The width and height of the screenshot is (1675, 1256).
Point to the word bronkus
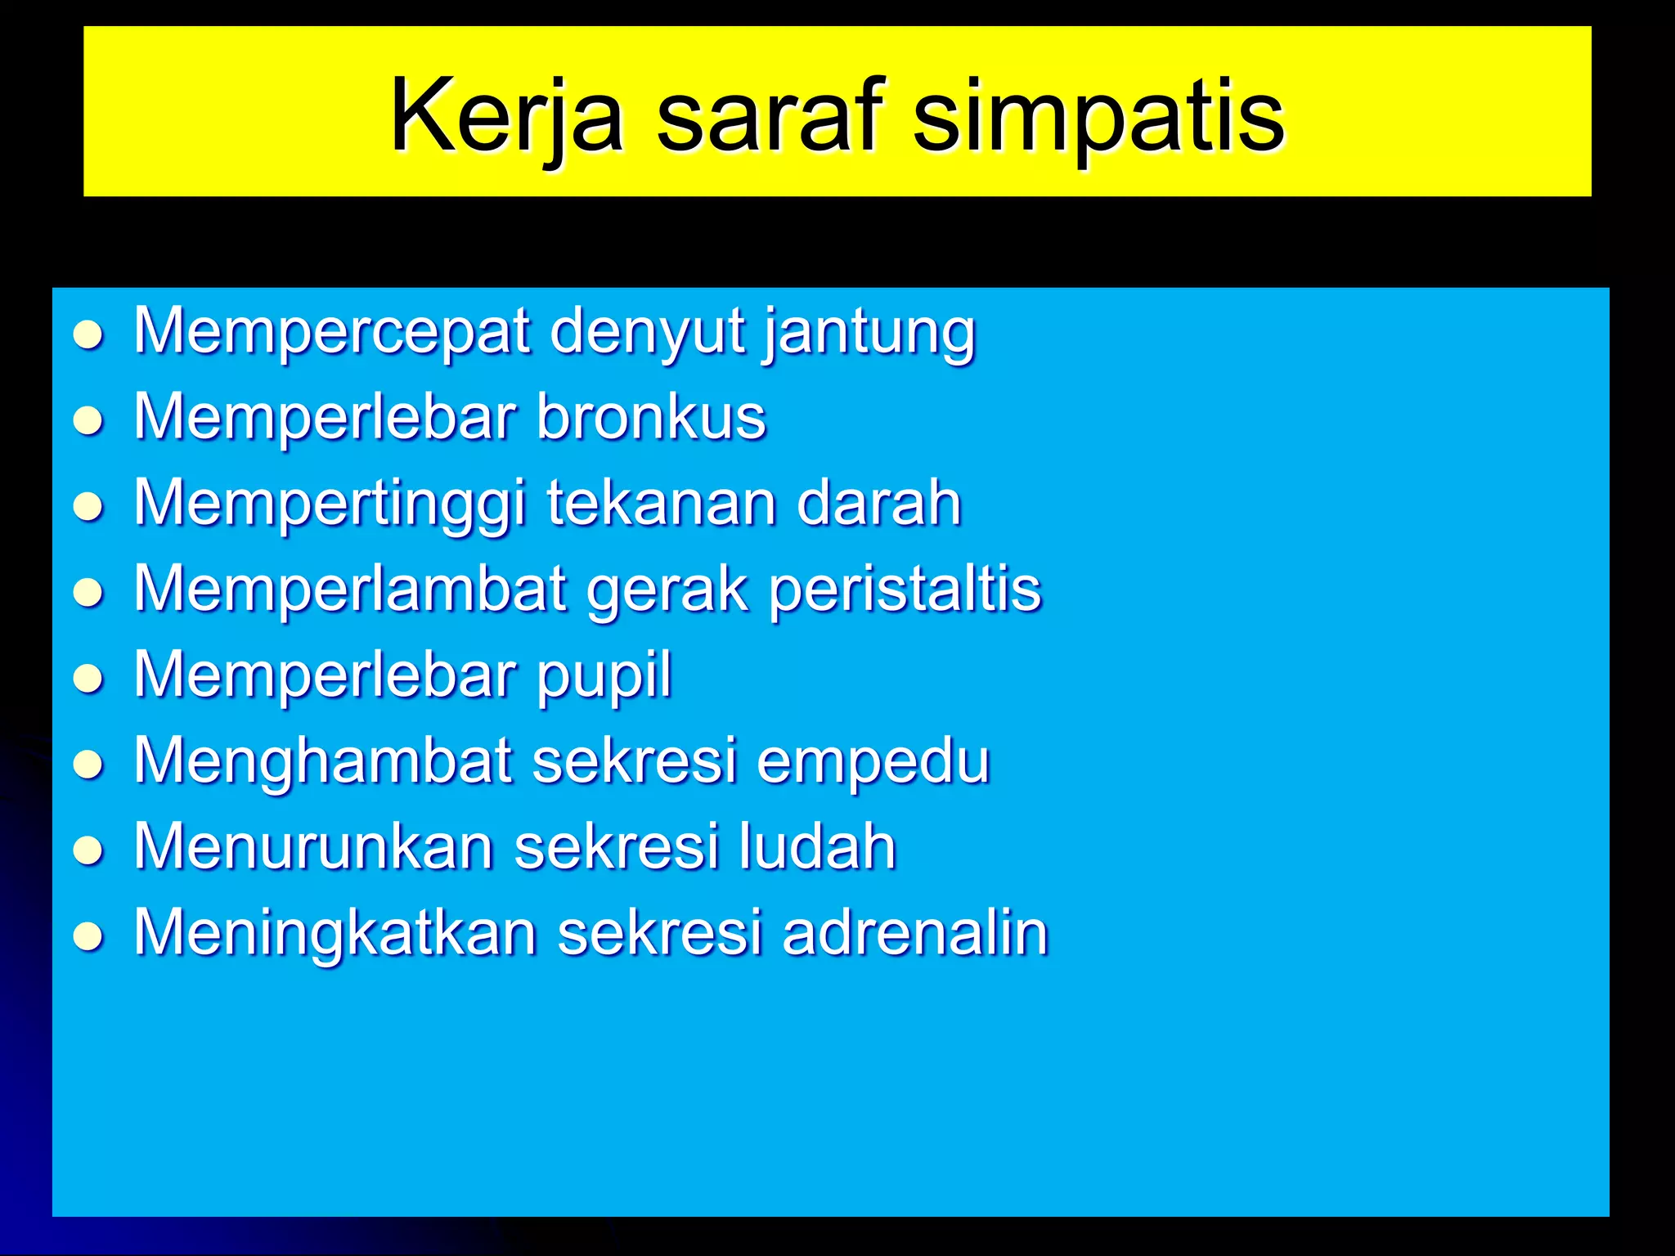click(651, 417)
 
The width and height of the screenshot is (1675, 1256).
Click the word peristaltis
click(905, 589)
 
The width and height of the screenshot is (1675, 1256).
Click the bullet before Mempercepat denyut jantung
click(88, 335)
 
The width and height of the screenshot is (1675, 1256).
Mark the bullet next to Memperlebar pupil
click(88, 679)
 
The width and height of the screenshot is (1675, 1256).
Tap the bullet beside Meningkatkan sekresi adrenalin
click(88, 935)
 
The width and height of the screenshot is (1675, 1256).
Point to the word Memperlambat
click(350, 589)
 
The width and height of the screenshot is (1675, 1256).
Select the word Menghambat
click(323, 761)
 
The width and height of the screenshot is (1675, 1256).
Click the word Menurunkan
click(314, 846)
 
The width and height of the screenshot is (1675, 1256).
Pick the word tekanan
click(661, 503)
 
